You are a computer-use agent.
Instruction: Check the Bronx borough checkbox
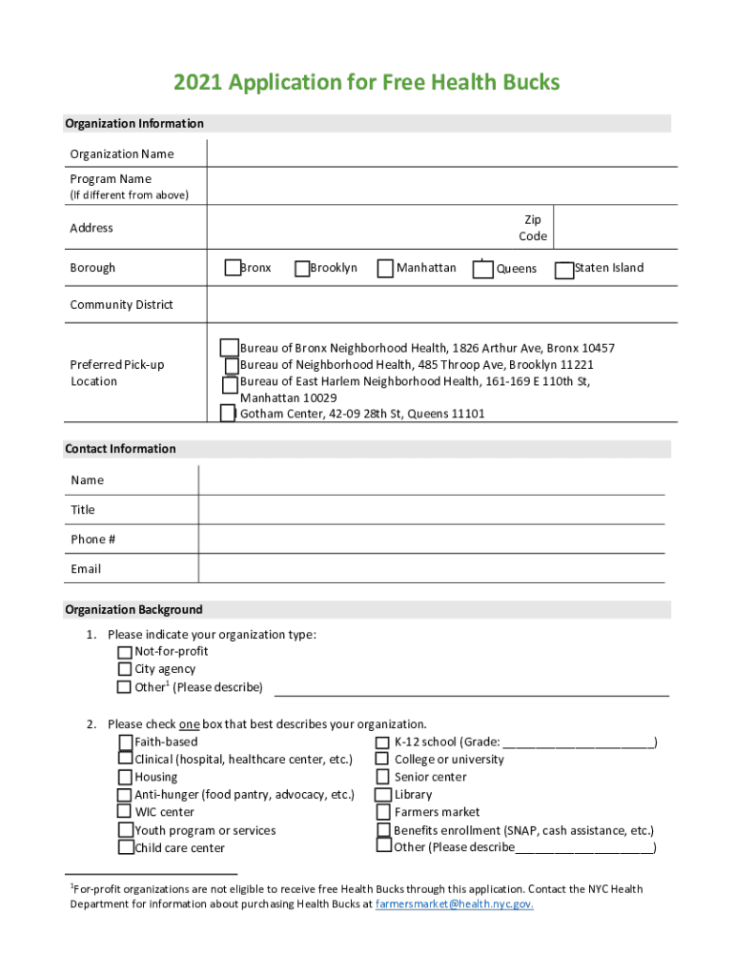coord(233,268)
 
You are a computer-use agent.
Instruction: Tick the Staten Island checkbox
coord(564,270)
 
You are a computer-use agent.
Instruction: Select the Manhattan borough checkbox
coord(386,269)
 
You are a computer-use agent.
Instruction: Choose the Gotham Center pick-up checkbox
coord(227,413)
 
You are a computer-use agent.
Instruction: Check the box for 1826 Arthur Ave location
coord(230,347)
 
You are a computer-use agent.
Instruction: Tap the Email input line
coord(431,568)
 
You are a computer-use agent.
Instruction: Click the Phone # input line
coord(431,539)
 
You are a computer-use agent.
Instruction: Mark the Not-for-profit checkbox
coord(125,652)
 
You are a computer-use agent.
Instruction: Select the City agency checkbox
coord(125,669)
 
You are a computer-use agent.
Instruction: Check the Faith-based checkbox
coord(126,742)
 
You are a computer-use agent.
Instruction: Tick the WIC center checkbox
coord(125,811)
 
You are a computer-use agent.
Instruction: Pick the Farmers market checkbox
coord(383,812)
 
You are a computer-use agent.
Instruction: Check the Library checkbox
coord(383,794)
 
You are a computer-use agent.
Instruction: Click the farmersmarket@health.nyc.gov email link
coord(454,905)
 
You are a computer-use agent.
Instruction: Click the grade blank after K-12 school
coord(578,742)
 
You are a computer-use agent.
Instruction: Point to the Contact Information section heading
coord(120,449)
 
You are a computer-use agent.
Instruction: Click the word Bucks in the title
coord(523,83)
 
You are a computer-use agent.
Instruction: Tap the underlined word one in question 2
coord(189,724)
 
